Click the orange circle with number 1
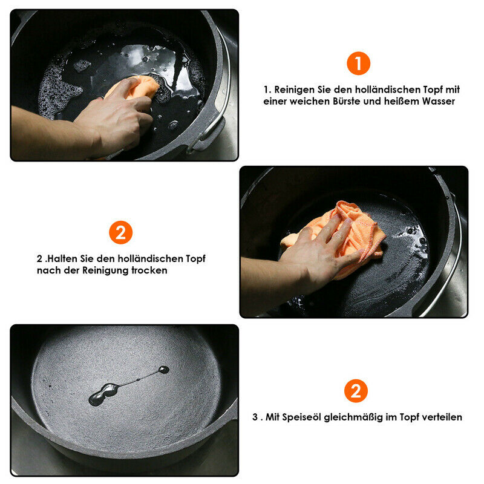coord(358,64)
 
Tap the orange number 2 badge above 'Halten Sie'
coord(120,232)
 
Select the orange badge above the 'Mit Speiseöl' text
coord(356,391)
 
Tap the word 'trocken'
coord(149,270)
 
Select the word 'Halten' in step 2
coord(62,259)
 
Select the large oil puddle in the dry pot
coord(103,394)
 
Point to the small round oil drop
coord(163,370)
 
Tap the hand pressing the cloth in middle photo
coord(318,253)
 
